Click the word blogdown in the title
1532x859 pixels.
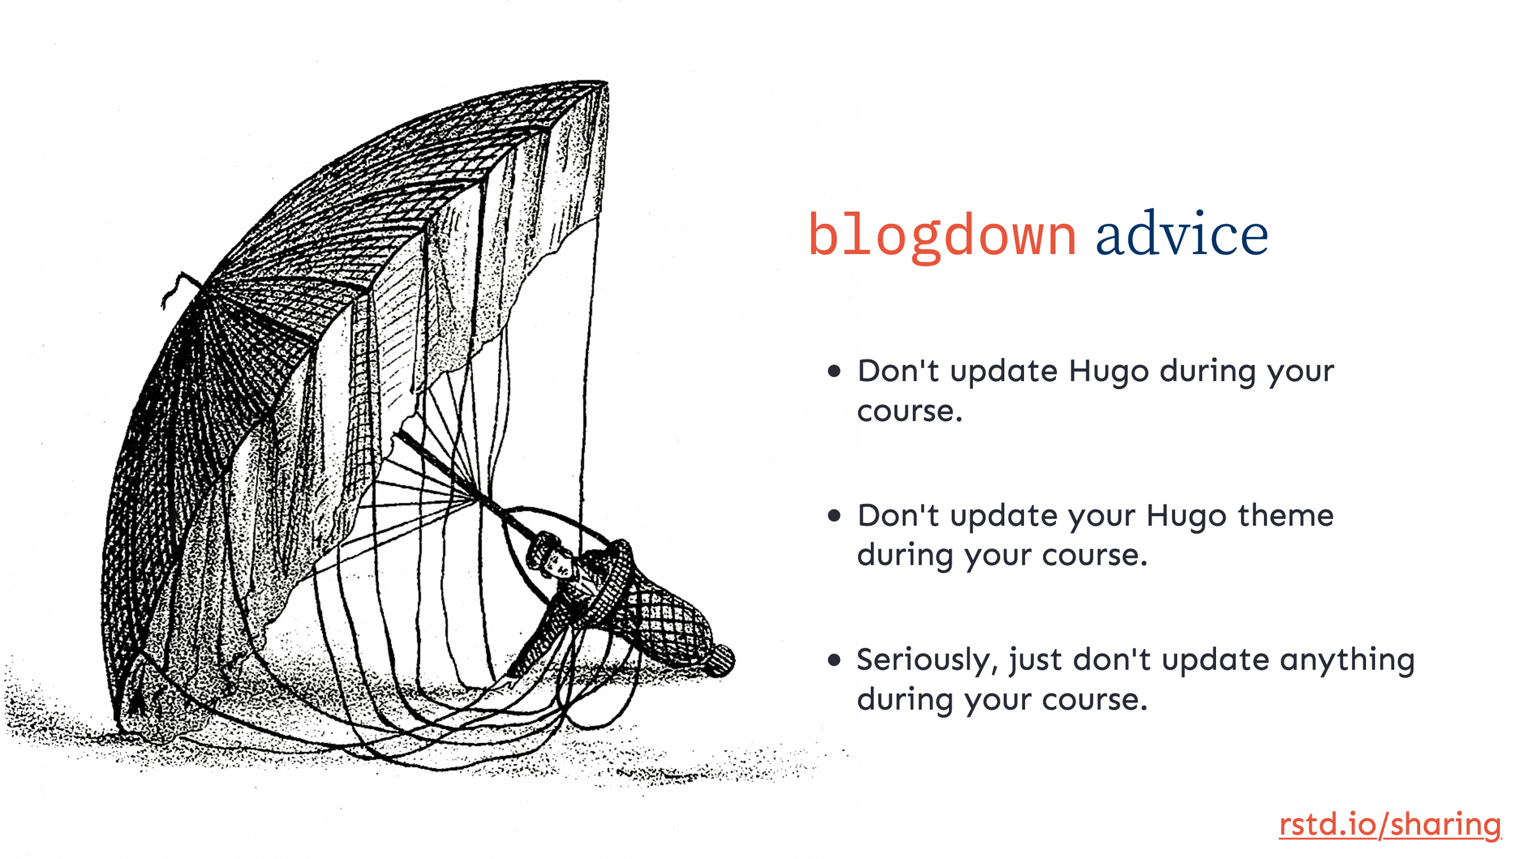point(942,236)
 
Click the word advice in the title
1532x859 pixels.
point(1182,235)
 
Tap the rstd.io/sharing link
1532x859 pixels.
point(1389,824)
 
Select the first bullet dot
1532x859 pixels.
point(834,371)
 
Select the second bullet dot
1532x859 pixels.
point(834,515)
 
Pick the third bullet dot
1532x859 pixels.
point(834,659)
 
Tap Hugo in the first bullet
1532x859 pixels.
point(1109,372)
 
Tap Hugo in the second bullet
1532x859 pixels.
point(1186,516)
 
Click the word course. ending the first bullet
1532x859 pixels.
point(909,412)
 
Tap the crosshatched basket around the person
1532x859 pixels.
point(664,616)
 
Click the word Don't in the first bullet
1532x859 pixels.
point(897,371)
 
